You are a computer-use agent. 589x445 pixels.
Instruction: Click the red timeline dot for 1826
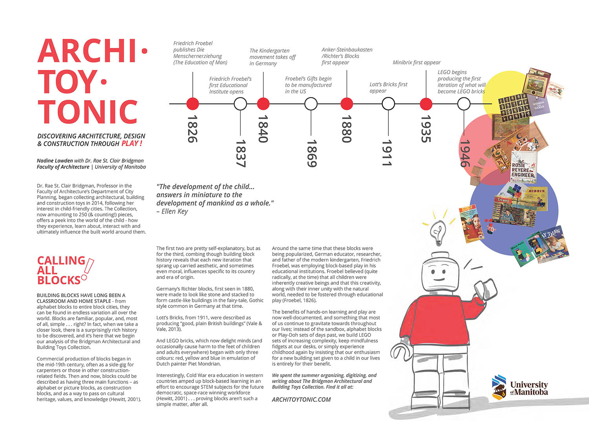tap(192, 104)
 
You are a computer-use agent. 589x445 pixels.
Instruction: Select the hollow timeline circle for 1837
tap(240, 104)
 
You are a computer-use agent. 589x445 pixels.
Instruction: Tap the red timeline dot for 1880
tap(346, 104)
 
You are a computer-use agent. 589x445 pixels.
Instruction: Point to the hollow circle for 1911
tap(388, 104)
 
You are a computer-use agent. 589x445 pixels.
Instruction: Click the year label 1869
tap(311, 153)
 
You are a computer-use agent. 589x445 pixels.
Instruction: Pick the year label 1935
tap(426, 129)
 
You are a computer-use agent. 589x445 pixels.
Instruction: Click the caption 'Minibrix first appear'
tap(416, 62)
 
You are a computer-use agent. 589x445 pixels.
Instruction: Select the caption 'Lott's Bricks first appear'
tap(388, 88)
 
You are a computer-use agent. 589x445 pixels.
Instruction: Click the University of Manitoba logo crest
tap(499, 387)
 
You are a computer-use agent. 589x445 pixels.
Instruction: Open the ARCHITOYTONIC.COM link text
tap(301, 399)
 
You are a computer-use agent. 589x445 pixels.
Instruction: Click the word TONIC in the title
tap(88, 112)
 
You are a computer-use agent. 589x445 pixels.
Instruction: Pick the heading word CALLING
tap(61, 260)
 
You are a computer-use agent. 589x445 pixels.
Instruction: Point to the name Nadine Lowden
tap(55, 161)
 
